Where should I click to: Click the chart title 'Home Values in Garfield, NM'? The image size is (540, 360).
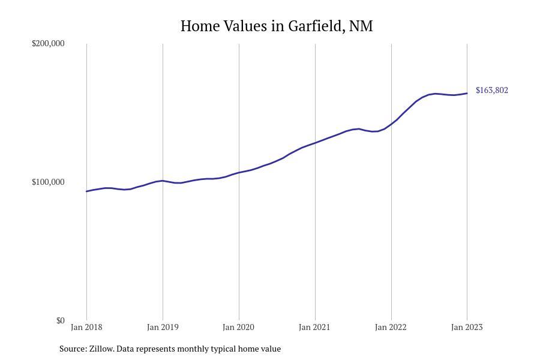(x=277, y=26)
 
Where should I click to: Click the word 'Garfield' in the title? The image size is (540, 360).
(x=315, y=26)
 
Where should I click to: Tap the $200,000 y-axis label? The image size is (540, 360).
(x=48, y=44)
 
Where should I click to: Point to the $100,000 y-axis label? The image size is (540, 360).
(x=48, y=182)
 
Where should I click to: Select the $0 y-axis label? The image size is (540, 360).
(x=60, y=321)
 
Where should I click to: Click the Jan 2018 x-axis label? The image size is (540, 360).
(x=86, y=328)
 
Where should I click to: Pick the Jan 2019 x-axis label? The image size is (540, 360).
(x=163, y=328)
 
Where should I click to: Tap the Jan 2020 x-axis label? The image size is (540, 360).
(x=239, y=328)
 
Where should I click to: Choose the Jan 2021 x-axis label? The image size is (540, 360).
(x=315, y=328)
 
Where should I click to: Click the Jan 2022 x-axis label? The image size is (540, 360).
(x=391, y=328)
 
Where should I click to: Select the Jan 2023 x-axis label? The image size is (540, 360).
(x=467, y=328)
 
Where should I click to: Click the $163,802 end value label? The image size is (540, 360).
(x=491, y=91)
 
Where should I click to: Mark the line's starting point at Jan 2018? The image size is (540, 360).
(x=86, y=191)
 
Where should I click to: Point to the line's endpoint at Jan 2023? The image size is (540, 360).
(x=467, y=93)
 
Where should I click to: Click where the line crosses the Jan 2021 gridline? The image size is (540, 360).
(x=315, y=143)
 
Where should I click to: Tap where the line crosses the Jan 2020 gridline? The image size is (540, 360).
(x=239, y=173)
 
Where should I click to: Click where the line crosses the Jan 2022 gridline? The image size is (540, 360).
(x=391, y=124)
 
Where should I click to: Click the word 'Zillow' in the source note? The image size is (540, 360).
(x=101, y=349)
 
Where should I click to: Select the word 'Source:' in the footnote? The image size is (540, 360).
(x=73, y=349)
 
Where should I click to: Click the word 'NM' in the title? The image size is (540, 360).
(x=361, y=26)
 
